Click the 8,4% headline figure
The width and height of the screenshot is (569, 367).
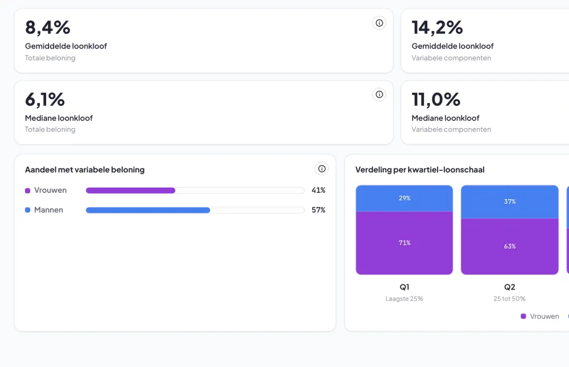pos(48,28)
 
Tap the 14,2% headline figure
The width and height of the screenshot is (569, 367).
pos(437,28)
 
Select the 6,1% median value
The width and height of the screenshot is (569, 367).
pos(45,100)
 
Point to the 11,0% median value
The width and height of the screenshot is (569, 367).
pos(436,100)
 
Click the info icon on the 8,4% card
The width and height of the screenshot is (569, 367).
pos(379,23)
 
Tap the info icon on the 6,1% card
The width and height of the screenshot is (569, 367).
pos(379,94)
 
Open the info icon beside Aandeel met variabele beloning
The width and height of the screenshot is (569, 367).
pos(321,168)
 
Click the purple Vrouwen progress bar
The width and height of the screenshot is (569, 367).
pos(131,191)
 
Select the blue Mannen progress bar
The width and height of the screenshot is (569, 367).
pos(148,210)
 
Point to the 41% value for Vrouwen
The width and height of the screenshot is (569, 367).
pos(318,190)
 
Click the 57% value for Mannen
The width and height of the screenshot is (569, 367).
pos(318,210)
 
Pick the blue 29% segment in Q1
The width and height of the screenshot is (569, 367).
pos(404,198)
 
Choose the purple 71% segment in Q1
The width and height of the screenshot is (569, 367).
pos(404,243)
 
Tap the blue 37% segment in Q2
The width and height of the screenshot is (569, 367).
pos(509,202)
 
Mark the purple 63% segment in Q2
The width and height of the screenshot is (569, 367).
pos(509,246)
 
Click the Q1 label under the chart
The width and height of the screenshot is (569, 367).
pos(404,287)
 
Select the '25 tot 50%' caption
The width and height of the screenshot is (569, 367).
pos(509,299)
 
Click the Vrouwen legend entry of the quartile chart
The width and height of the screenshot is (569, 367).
pos(540,316)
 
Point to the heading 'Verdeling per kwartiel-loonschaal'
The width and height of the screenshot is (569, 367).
pos(420,170)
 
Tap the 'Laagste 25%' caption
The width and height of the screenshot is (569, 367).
pos(404,299)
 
